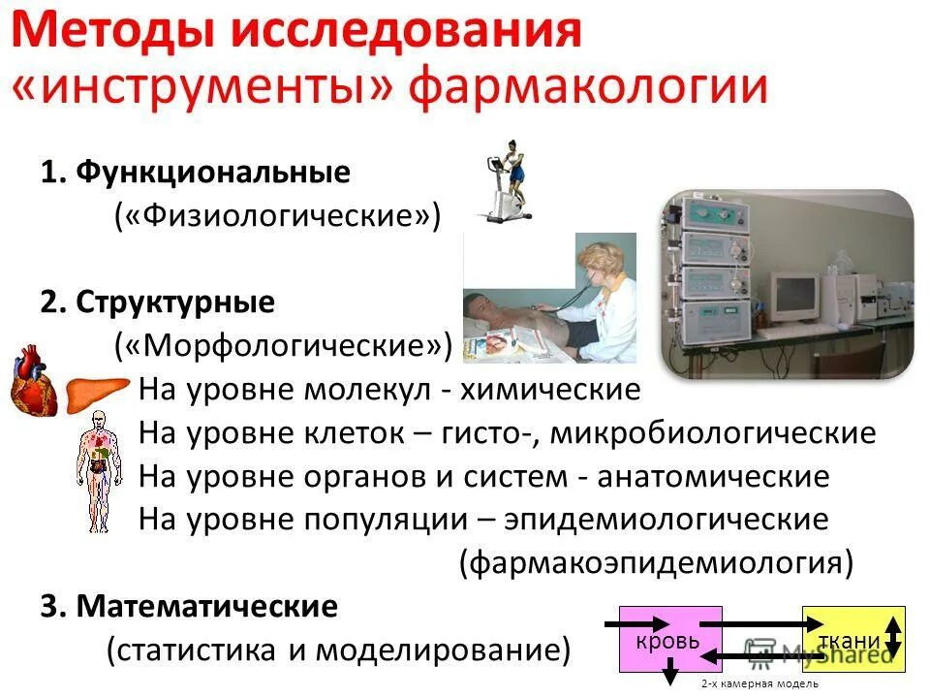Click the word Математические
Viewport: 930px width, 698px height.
207,607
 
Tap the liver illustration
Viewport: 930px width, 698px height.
97,392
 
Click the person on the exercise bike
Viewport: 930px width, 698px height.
508,179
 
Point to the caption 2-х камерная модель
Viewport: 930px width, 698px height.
759,684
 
